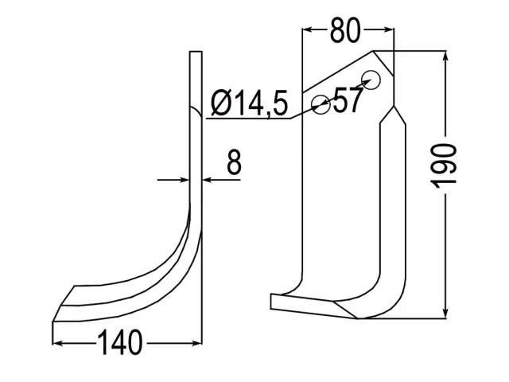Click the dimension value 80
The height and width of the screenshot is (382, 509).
(345, 30)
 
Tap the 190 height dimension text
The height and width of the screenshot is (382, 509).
(444, 166)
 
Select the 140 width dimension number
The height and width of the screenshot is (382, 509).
(120, 342)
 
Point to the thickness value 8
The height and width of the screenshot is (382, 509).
(234, 162)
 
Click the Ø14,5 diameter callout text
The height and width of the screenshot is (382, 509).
(249, 103)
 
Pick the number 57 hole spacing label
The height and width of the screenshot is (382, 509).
(347, 99)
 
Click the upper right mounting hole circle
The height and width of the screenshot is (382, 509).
(371, 80)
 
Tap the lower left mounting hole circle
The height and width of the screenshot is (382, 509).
(321, 104)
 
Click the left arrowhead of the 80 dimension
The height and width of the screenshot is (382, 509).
(307, 30)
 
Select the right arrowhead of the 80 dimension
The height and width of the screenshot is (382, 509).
(389, 30)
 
